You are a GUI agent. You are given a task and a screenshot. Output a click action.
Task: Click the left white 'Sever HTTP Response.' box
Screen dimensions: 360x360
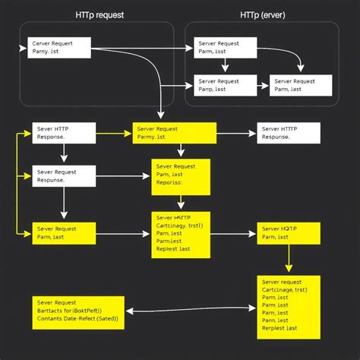tap(64, 134)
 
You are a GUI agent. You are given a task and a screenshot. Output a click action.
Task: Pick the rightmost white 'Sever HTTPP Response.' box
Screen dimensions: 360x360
tap(289, 134)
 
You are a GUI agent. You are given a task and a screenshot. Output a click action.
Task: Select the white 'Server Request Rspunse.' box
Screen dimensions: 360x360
tap(64, 176)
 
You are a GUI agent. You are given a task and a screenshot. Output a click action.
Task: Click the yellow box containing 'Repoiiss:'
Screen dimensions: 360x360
tap(181, 177)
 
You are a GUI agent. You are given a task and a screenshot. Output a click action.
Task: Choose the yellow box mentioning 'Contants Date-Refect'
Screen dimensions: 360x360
tap(77, 311)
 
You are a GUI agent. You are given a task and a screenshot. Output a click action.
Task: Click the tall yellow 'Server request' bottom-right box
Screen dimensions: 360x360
tap(289, 306)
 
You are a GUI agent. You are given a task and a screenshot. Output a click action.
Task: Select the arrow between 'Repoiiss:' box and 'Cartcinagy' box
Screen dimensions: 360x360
tap(181, 203)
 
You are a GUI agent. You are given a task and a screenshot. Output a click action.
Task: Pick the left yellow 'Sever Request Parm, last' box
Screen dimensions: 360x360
tap(64, 233)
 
